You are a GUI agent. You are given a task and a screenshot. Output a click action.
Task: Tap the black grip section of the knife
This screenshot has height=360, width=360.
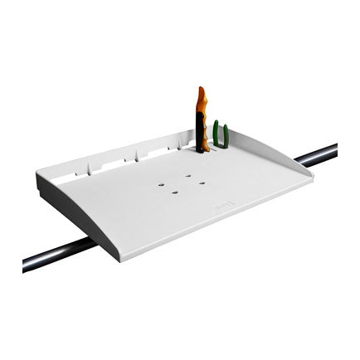(200, 133)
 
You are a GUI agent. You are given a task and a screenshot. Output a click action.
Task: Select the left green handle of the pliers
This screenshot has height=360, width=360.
(216, 134)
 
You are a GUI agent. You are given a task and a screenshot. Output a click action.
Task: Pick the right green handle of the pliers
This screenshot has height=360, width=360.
(225, 135)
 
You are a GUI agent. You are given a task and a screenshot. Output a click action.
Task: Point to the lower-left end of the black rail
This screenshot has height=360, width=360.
(27, 265)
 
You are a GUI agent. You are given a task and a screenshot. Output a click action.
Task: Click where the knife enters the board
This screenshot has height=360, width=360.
(202, 150)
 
